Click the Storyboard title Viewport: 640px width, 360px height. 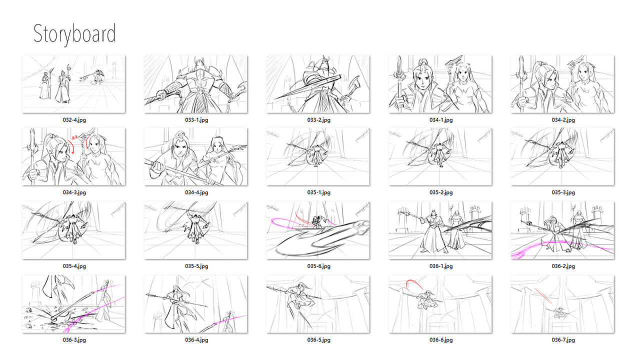tap(74, 34)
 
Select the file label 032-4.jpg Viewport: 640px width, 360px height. tap(74, 120)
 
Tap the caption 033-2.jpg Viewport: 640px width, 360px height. tap(319, 120)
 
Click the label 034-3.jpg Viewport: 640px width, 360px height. tap(74, 192)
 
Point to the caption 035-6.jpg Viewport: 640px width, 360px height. tap(319, 266)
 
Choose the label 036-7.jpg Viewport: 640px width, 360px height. tap(563, 340)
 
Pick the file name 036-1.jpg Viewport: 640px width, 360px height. tap(441, 266)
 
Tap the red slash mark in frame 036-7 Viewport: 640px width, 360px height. tap(543, 296)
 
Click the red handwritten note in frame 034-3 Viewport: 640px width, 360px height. tap(75, 137)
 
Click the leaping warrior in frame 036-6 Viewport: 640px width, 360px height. tap(425, 299)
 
